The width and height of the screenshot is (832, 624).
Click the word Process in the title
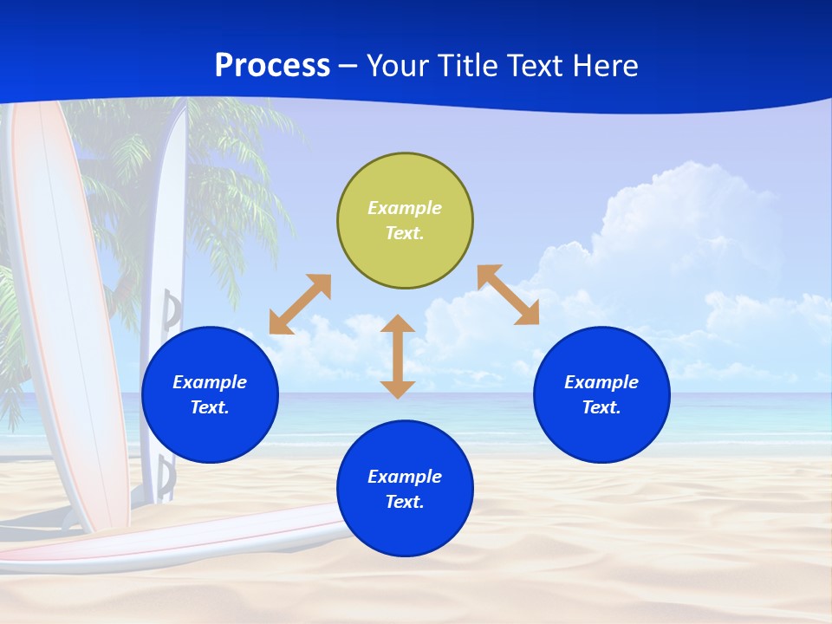pos(272,66)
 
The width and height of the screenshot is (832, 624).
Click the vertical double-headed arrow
pos(398,356)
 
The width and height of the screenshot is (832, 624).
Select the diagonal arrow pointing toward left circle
pos(300,304)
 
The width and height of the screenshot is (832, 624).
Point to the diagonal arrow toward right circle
pos(509,295)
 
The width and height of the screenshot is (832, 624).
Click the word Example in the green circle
pos(405,208)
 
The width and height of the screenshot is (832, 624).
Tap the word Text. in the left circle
pos(210,407)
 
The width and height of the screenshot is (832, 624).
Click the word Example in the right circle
pos(601,382)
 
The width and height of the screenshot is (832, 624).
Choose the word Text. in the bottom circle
pos(405,502)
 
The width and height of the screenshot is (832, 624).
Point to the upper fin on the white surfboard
pos(173,310)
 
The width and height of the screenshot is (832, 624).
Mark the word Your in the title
pos(399,66)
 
